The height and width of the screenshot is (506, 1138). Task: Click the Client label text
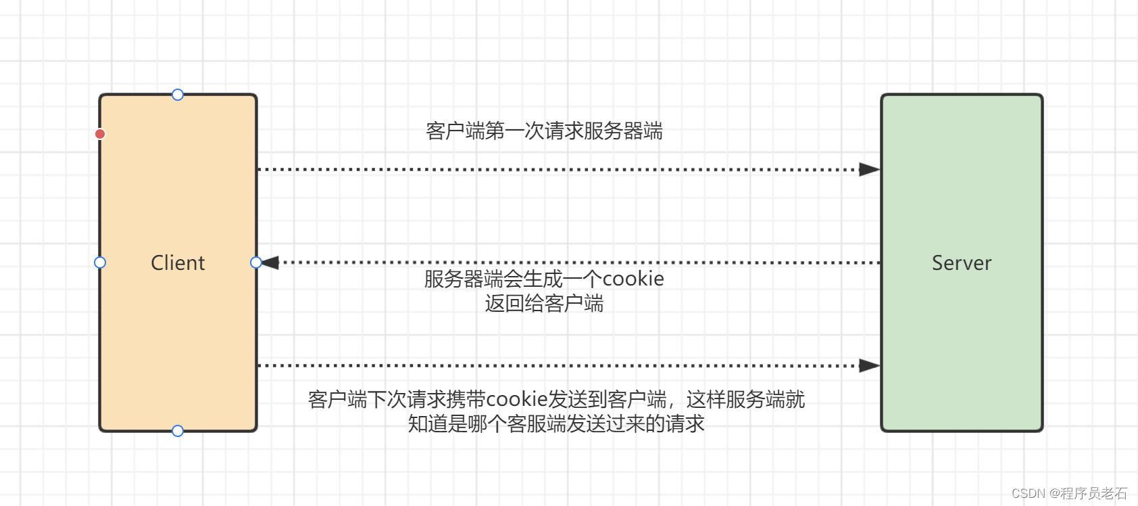tap(178, 262)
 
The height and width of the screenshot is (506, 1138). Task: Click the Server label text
tap(962, 262)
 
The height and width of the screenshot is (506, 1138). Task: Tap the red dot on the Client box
tap(100, 134)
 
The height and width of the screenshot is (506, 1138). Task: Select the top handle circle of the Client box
tap(178, 95)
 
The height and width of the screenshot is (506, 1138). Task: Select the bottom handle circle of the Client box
tap(178, 431)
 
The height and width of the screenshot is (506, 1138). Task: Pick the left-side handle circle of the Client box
tap(100, 262)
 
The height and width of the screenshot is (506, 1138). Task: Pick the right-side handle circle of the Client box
tap(256, 262)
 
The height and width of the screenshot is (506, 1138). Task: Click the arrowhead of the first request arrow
tap(869, 169)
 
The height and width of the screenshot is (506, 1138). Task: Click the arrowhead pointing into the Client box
tap(271, 262)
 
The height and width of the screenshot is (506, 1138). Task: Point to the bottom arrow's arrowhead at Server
tap(869, 366)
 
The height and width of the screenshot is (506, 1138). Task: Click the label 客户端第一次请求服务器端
tap(544, 131)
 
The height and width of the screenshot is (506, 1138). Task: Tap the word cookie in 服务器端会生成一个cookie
tap(633, 279)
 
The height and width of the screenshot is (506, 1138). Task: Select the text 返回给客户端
tap(544, 304)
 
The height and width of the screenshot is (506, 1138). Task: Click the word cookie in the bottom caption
tap(517, 399)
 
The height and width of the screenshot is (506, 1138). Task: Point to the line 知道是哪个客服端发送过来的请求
tap(556, 424)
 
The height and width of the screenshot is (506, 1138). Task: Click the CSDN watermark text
tap(1028, 494)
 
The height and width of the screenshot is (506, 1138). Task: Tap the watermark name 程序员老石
tap(1093, 494)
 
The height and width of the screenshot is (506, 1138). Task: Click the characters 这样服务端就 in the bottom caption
tap(745, 399)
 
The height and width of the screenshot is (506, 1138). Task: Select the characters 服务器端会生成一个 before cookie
tap(513, 279)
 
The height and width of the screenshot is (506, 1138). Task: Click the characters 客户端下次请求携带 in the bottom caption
tap(397, 399)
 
